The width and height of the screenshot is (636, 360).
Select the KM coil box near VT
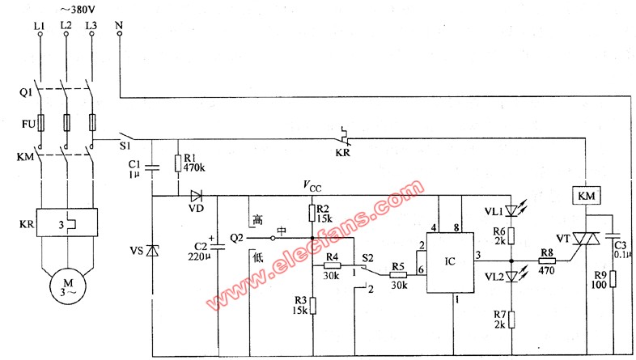[586, 197]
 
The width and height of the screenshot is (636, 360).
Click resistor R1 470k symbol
[178, 163]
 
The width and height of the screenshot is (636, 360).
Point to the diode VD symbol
[197, 197]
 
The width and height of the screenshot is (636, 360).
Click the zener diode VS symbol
[152, 252]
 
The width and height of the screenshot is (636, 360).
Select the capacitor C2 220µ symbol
[218, 246]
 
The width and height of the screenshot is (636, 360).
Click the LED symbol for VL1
[512, 210]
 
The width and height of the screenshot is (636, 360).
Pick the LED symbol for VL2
[512, 277]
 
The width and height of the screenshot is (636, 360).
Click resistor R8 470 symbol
[546, 260]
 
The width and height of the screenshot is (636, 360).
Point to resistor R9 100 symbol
[612, 279]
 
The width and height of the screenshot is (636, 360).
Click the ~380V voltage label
[78, 10]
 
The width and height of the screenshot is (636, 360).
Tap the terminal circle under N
[120, 34]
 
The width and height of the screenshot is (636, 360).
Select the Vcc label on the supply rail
[312, 186]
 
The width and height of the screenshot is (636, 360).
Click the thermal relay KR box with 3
[67, 222]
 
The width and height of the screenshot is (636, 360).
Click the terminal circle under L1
[40, 35]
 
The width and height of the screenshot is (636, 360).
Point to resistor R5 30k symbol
[398, 275]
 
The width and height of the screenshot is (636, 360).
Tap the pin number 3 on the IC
[479, 256]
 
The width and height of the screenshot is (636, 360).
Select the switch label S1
[125, 145]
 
